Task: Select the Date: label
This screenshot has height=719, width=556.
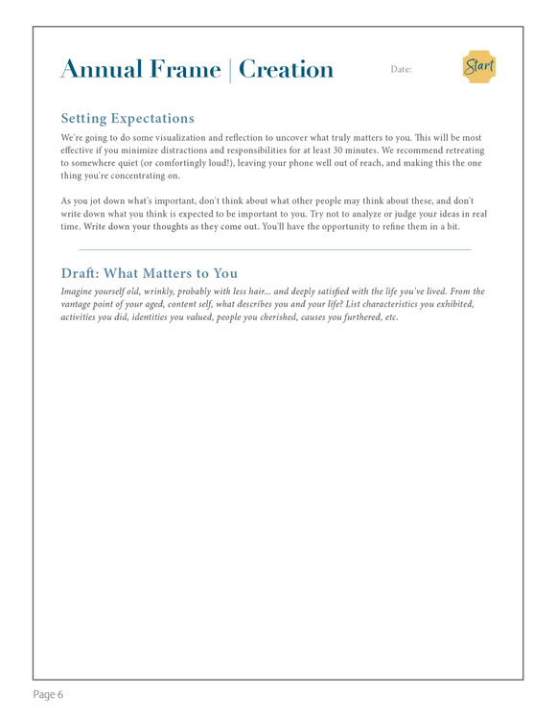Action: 401,70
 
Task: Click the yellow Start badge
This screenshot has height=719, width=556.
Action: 478,67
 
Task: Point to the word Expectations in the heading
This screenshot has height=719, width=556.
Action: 152,119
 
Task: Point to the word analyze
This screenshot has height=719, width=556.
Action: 359,214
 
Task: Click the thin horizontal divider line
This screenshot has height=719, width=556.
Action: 275,250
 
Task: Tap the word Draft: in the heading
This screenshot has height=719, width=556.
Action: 84,274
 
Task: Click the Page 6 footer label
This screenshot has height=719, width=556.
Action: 48,694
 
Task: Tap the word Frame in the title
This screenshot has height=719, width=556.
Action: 187,70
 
